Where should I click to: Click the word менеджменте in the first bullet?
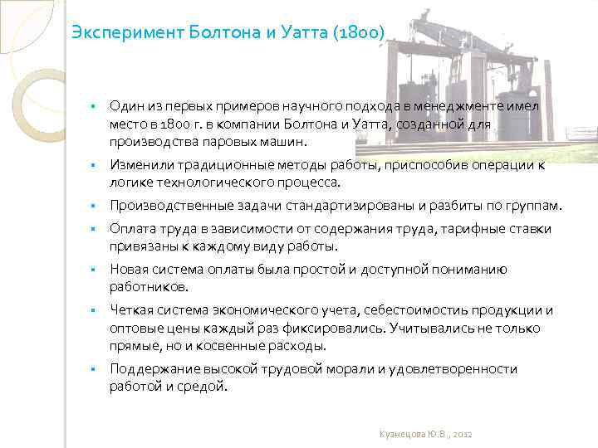463,106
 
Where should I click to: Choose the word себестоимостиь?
414,310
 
